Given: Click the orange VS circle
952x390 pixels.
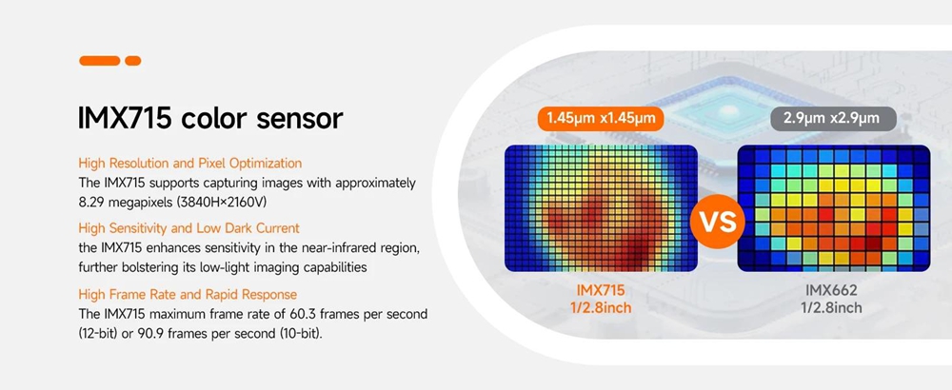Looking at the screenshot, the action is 717,221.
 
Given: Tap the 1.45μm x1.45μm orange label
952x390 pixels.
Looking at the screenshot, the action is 602,118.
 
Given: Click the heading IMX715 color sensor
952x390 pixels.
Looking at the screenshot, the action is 210,118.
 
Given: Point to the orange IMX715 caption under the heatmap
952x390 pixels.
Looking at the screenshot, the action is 601,290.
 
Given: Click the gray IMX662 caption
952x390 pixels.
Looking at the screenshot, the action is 830,290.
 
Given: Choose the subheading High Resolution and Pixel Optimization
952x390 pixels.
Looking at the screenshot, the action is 190,164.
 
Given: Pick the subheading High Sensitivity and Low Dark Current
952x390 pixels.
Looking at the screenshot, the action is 188,228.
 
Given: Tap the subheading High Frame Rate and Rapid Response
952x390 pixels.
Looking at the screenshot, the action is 188,295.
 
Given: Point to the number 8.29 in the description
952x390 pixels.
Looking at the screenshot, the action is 91,202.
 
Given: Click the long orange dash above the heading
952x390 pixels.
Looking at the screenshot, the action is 100,61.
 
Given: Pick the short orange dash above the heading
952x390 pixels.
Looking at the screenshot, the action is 133,61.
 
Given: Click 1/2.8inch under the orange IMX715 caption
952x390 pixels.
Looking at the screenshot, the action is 601,308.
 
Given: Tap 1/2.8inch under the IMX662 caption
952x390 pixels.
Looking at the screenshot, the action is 830,308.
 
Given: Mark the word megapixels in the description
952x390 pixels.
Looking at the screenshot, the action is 139,202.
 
